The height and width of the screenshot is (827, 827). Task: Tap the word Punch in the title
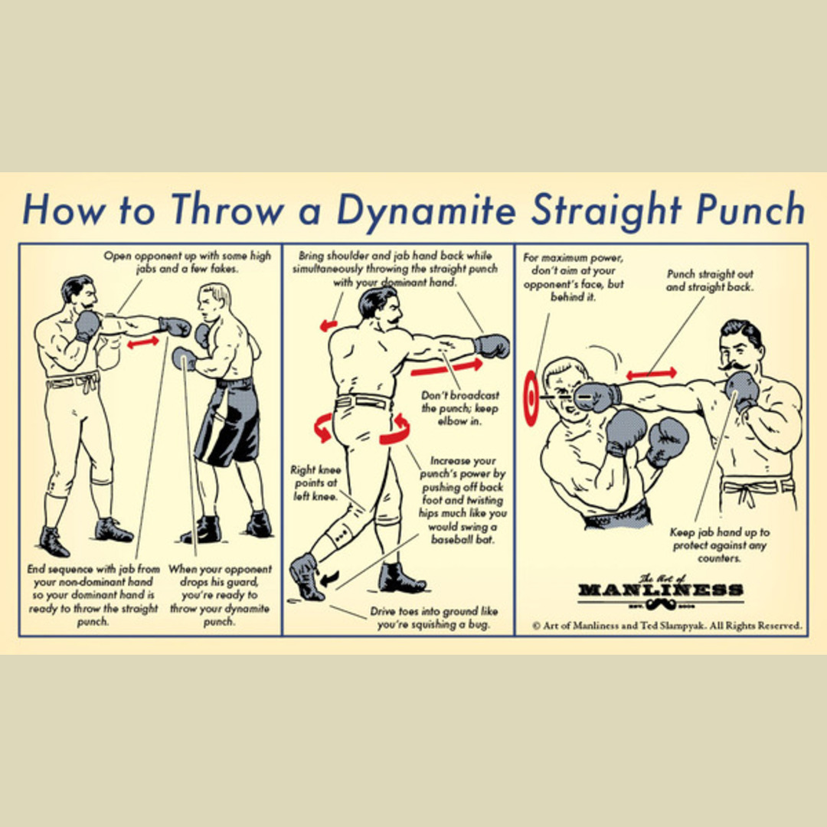(x=750, y=209)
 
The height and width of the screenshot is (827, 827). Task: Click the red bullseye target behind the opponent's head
(x=531, y=397)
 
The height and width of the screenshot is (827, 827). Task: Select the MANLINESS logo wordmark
(x=661, y=589)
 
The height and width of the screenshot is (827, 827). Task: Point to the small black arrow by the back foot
(x=330, y=579)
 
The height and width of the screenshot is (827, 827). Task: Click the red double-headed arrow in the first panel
(x=143, y=342)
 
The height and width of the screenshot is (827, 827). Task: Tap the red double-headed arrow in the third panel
(x=652, y=374)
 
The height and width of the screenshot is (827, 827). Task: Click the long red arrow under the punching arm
(x=446, y=367)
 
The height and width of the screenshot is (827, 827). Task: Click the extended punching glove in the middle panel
(x=492, y=346)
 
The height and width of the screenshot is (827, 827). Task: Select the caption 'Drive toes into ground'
(x=433, y=618)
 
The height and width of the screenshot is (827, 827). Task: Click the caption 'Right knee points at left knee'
(x=315, y=482)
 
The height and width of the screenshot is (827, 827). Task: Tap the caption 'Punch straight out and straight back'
(x=710, y=280)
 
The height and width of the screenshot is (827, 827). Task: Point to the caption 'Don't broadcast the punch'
(x=459, y=408)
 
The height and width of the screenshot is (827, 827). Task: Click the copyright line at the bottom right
(x=667, y=626)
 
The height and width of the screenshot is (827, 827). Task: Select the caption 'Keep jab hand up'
(x=719, y=545)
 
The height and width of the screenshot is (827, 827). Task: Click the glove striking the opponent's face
(x=597, y=396)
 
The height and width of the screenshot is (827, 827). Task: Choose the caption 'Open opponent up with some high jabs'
(x=188, y=262)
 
